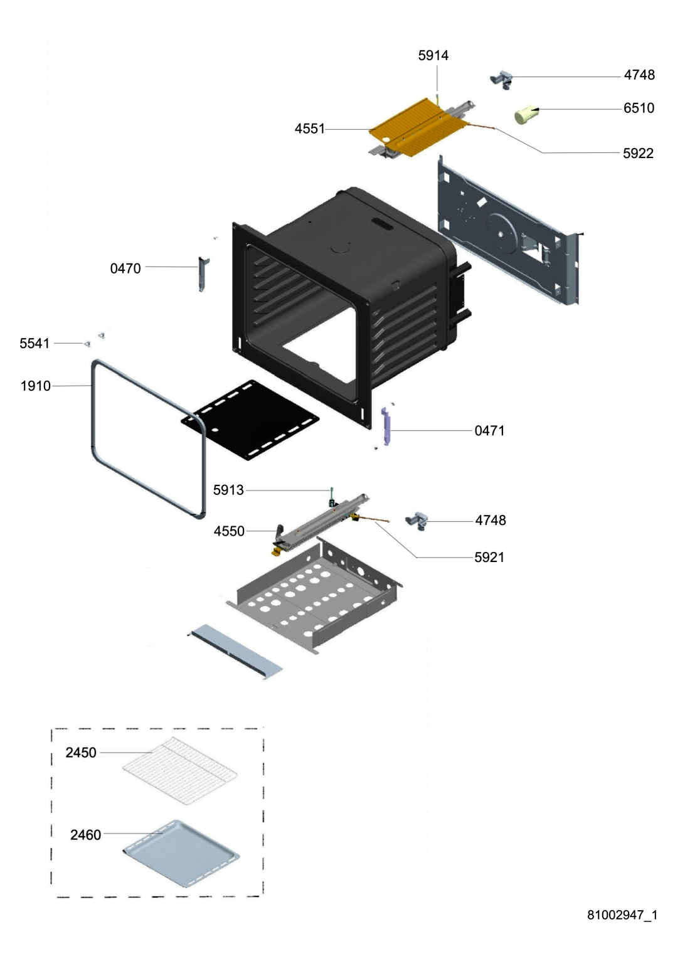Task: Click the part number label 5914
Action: point(433,55)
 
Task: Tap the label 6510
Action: point(639,108)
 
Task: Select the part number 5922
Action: point(638,154)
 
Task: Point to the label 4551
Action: point(310,129)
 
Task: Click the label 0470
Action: point(125,268)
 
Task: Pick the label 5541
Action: point(34,343)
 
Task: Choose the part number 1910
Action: point(36,386)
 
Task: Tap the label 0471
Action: point(490,431)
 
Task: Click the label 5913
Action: point(228,490)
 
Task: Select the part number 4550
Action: point(229,531)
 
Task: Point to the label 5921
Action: point(489,557)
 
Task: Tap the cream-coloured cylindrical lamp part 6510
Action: point(526,114)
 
